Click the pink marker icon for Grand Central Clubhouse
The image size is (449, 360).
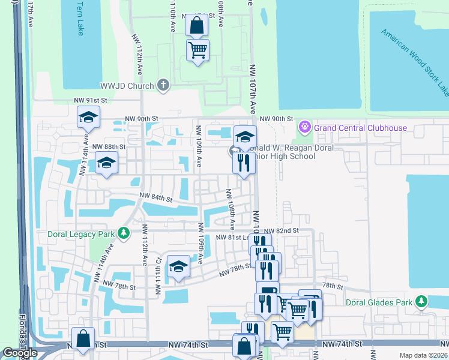pyautogui.click(x=305, y=127)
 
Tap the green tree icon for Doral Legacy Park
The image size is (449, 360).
pyautogui.click(x=124, y=233)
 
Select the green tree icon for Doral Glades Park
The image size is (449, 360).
pyautogui.click(x=422, y=301)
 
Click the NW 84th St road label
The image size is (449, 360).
pyautogui.click(x=156, y=196)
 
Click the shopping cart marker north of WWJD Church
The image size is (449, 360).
pyautogui.click(x=197, y=50)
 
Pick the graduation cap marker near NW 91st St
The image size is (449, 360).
pyautogui.click(x=88, y=117)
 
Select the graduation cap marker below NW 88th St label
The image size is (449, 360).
pyautogui.click(x=106, y=163)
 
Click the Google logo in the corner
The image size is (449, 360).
pyautogui.click(x=20, y=353)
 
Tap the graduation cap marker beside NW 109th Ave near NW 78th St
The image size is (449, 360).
pyautogui.click(x=178, y=267)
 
